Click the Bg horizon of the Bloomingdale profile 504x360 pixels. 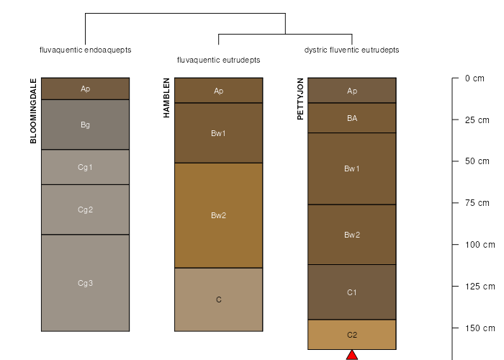pos(85,125)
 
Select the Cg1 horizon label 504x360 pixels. pos(85,167)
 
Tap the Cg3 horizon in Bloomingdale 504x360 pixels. pos(85,283)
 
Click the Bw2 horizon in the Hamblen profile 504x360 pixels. pos(219,215)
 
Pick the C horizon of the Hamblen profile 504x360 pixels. pos(219,300)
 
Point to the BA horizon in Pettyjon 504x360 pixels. pos(352,118)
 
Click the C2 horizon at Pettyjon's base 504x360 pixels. pos(352,335)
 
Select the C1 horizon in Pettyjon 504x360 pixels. pos(352,292)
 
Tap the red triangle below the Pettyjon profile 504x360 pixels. pos(352,355)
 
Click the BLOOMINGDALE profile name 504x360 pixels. pos(33,111)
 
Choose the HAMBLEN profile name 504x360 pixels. pos(166,98)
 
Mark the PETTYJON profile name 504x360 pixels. pos(300,99)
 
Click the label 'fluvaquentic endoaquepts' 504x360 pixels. pos(85,50)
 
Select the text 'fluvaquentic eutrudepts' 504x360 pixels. pos(219,60)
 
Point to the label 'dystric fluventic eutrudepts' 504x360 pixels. pos(351,50)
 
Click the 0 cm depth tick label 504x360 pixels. pos(474,78)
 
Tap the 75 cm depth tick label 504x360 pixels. pos(477,203)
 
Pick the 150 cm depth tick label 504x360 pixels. pos(480,328)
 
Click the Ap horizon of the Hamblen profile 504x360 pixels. pos(219,91)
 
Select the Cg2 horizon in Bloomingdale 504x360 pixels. pos(85,210)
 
